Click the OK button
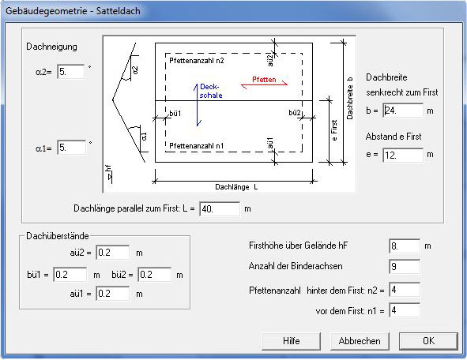(428, 341)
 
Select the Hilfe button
(292, 341)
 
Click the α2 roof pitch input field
(71, 72)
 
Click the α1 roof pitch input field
(71, 148)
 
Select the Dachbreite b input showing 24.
(403, 111)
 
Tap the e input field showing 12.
(403, 155)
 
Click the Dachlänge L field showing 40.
(220, 209)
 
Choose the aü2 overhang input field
(112, 253)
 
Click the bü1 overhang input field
(70, 274)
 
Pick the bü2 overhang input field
(155, 274)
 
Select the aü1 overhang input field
(112, 294)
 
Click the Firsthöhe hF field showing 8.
(405, 246)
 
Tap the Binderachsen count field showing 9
(405, 267)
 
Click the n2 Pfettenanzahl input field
(405, 290)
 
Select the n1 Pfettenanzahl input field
(405, 310)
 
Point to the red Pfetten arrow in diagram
(264, 85)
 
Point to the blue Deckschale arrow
(197, 105)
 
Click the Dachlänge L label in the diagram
(236, 187)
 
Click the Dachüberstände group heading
(58, 236)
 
